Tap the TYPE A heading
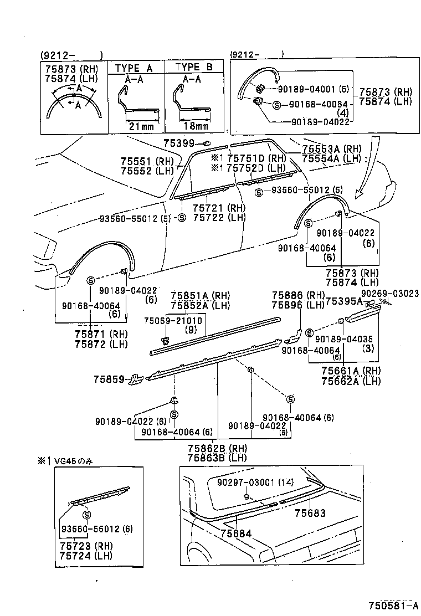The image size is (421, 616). pos(134,68)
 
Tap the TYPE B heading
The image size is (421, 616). pos(194,68)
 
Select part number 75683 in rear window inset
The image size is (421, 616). pos(310,514)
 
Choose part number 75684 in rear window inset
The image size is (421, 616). pos(236,533)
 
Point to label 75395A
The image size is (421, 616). pos(343,301)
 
